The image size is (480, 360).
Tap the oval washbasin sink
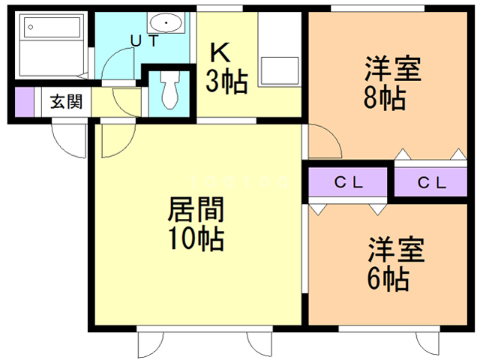coord(165,22)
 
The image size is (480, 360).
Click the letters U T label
coord(145,41)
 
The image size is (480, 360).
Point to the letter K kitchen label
coord(219,52)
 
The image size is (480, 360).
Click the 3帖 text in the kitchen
coord(226,82)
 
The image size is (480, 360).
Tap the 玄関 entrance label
coord(66,102)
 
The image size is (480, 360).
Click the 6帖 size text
coord(388,280)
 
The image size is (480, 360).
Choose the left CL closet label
coord(347,182)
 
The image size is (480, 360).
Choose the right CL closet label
coord(431,182)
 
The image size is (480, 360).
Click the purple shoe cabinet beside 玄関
coord(23,100)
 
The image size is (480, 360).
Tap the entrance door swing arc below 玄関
coord(67,139)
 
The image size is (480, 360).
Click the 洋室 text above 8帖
coord(392,69)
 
